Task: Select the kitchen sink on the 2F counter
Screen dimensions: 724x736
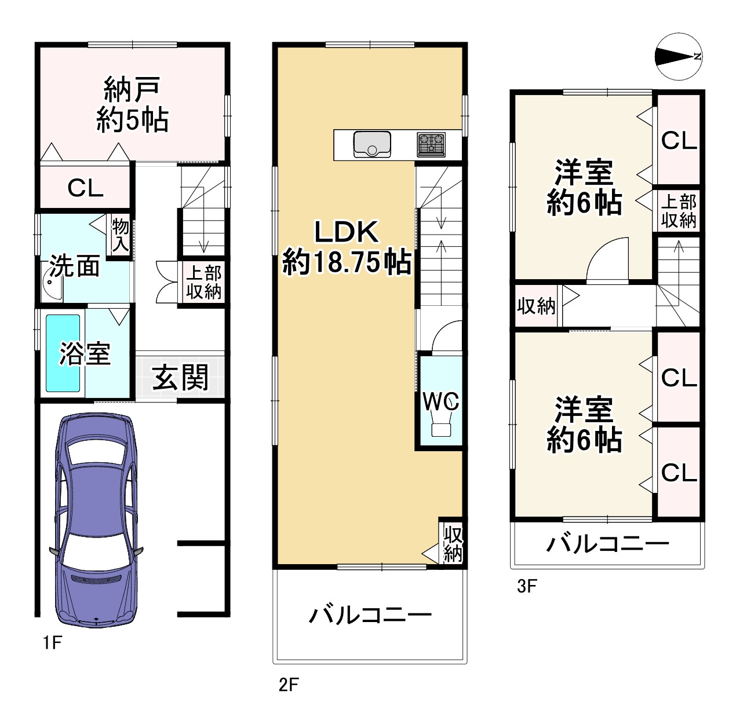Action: click(x=371, y=144)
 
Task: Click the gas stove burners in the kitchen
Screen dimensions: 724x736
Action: click(x=431, y=144)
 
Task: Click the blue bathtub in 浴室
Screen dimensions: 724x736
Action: click(x=63, y=353)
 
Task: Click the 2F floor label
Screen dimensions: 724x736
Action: click(x=288, y=685)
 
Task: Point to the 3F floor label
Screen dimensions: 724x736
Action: click(x=527, y=587)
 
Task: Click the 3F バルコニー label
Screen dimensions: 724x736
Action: click(x=607, y=544)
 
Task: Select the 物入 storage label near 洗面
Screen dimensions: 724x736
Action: click(x=121, y=235)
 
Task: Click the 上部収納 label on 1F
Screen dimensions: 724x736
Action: click(x=203, y=282)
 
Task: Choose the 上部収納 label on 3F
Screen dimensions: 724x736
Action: click(x=679, y=211)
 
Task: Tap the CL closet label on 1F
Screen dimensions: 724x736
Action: click(x=85, y=188)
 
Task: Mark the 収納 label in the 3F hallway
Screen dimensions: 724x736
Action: click(x=536, y=306)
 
